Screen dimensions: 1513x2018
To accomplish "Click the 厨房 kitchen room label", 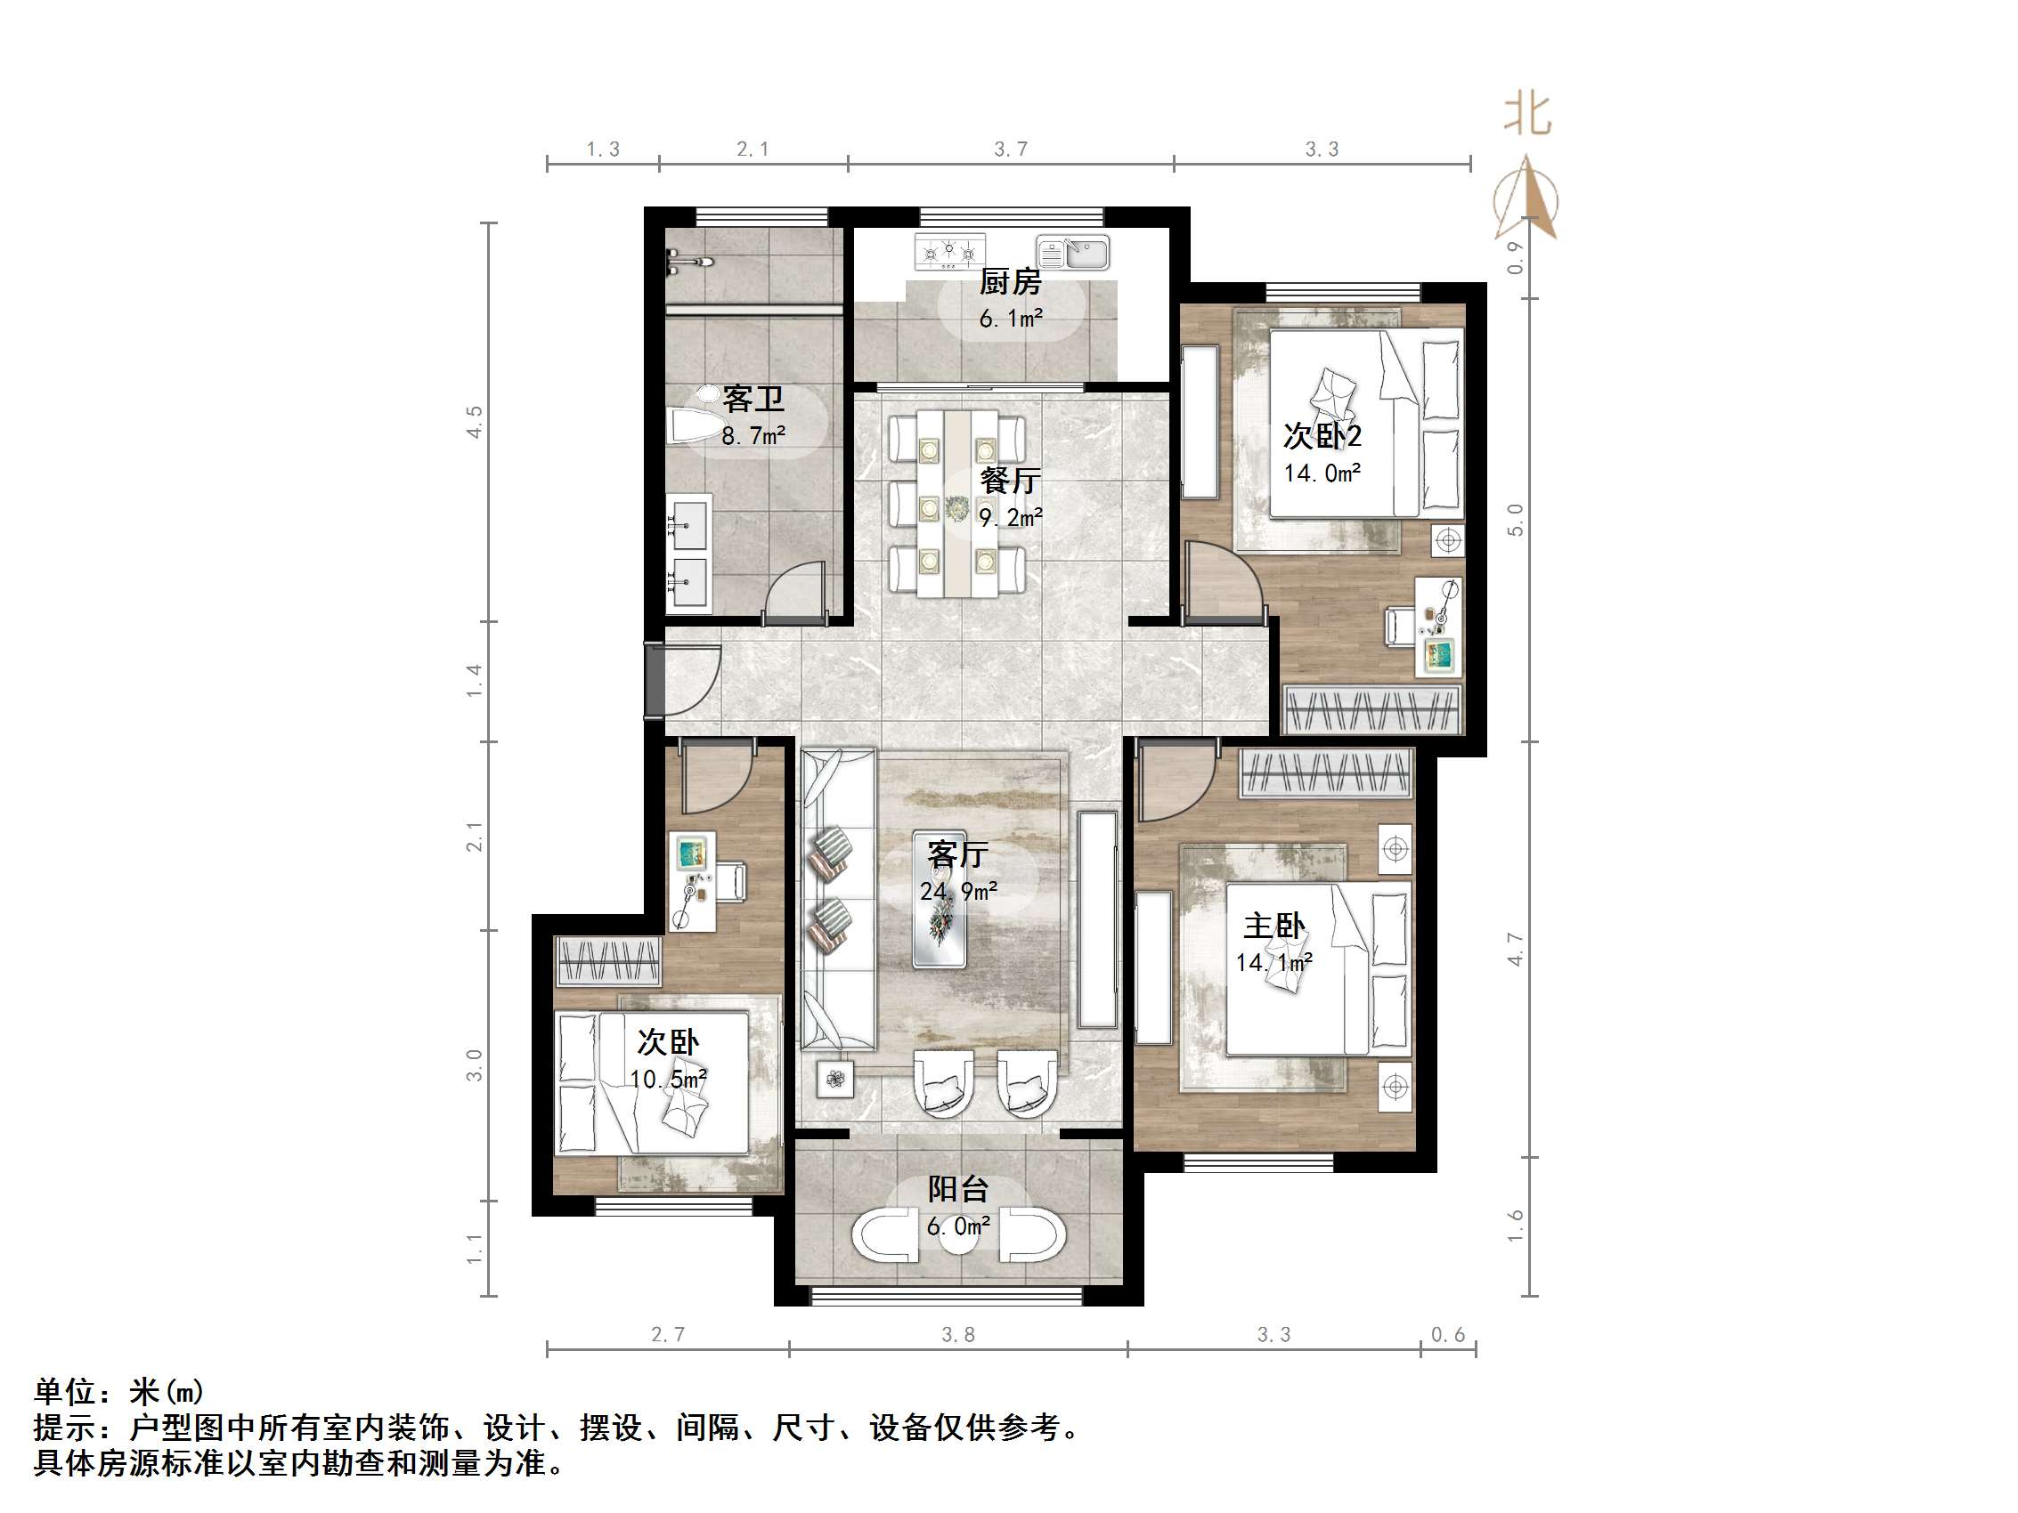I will pyautogui.click(x=1010, y=282).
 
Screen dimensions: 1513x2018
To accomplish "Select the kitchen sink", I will pyautogui.click(x=1073, y=253).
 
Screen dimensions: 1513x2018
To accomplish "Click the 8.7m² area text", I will pyautogui.click(x=753, y=436).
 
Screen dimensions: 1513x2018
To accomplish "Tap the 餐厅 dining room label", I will pyautogui.click(x=1010, y=481).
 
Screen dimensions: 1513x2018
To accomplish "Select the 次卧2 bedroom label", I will pyautogui.click(x=1322, y=436).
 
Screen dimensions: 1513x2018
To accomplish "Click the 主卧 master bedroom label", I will pyautogui.click(x=1273, y=926).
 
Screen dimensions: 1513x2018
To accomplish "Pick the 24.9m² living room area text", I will pyautogui.click(x=958, y=891).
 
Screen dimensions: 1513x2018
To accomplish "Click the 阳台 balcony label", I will pyautogui.click(x=958, y=1189).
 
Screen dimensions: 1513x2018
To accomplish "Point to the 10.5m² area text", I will pyautogui.click(x=669, y=1080).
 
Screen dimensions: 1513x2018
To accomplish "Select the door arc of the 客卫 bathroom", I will pyautogui.click(x=793, y=593).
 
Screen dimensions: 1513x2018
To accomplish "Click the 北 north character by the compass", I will pyautogui.click(x=1527, y=116).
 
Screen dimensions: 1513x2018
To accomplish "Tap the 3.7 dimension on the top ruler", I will pyautogui.click(x=1011, y=149).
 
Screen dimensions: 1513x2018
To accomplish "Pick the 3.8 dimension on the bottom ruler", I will pyautogui.click(x=958, y=1335).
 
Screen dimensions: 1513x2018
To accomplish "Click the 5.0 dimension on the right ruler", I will pyautogui.click(x=1516, y=520).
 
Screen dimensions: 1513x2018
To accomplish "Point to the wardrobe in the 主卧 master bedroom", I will pyautogui.click(x=1325, y=774).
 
